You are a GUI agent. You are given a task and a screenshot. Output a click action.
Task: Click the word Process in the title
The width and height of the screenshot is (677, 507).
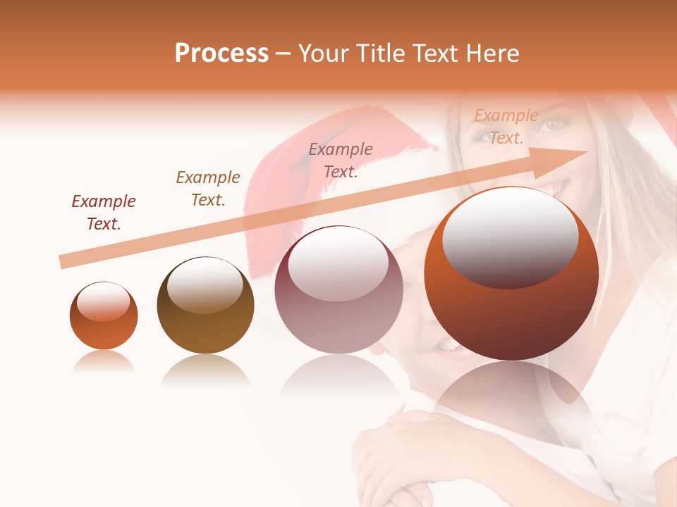click(x=221, y=54)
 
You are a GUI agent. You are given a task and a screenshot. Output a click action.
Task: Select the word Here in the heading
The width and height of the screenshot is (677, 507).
click(x=491, y=54)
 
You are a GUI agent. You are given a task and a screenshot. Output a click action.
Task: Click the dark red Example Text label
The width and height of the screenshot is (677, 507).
click(x=104, y=213)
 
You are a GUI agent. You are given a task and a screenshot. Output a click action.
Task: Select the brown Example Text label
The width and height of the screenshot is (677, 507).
click(x=208, y=189)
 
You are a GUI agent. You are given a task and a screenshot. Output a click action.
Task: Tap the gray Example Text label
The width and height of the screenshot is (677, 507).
click(x=341, y=160)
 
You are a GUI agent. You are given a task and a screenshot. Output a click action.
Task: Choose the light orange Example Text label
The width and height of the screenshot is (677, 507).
click(x=506, y=127)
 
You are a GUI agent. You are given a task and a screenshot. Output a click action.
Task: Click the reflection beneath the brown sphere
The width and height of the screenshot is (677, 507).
click(x=205, y=370)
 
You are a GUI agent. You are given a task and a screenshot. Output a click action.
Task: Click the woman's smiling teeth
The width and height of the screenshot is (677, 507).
click(x=555, y=189)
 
